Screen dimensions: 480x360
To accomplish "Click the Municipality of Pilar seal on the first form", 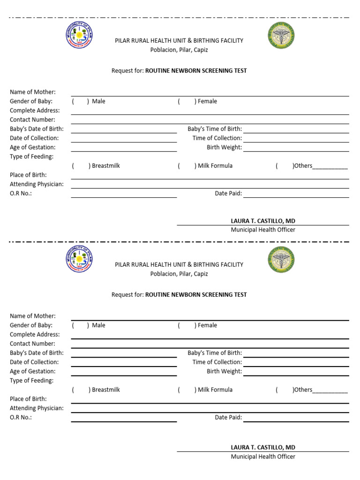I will tap(79, 36).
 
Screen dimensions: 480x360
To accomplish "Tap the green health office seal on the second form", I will tap(281, 259).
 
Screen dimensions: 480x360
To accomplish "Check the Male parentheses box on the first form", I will tap(80, 101).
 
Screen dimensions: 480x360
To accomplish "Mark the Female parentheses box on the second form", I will tap(187, 325).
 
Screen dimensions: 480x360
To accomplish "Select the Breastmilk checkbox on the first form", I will tap(81, 166).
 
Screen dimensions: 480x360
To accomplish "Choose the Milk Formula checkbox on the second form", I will tap(187, 390).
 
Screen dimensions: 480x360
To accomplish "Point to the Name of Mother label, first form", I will tap(33, 92).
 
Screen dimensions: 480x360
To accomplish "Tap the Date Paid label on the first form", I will tap(228, 193).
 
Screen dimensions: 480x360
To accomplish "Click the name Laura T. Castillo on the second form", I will tap(263, 447).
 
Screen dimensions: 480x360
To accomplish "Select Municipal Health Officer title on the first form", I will tap(263, 230).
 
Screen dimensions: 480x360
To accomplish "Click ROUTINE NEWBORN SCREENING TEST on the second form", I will tap(196, 295).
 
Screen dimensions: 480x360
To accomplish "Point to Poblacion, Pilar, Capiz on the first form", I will tap(179, 50).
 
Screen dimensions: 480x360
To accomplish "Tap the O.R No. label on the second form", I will tap(21, 417).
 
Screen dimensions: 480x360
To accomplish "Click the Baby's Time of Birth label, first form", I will tap(215, 129).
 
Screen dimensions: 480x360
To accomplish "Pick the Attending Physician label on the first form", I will tap(37, 184).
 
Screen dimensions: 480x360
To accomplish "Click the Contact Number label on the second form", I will tap(32, 344).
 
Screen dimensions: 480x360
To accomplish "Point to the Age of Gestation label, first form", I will tap(33, 147).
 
